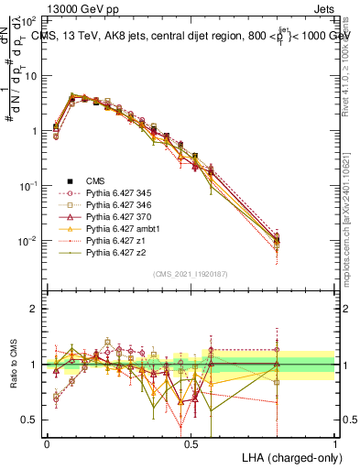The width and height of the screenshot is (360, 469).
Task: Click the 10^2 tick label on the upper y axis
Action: [28, 20]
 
